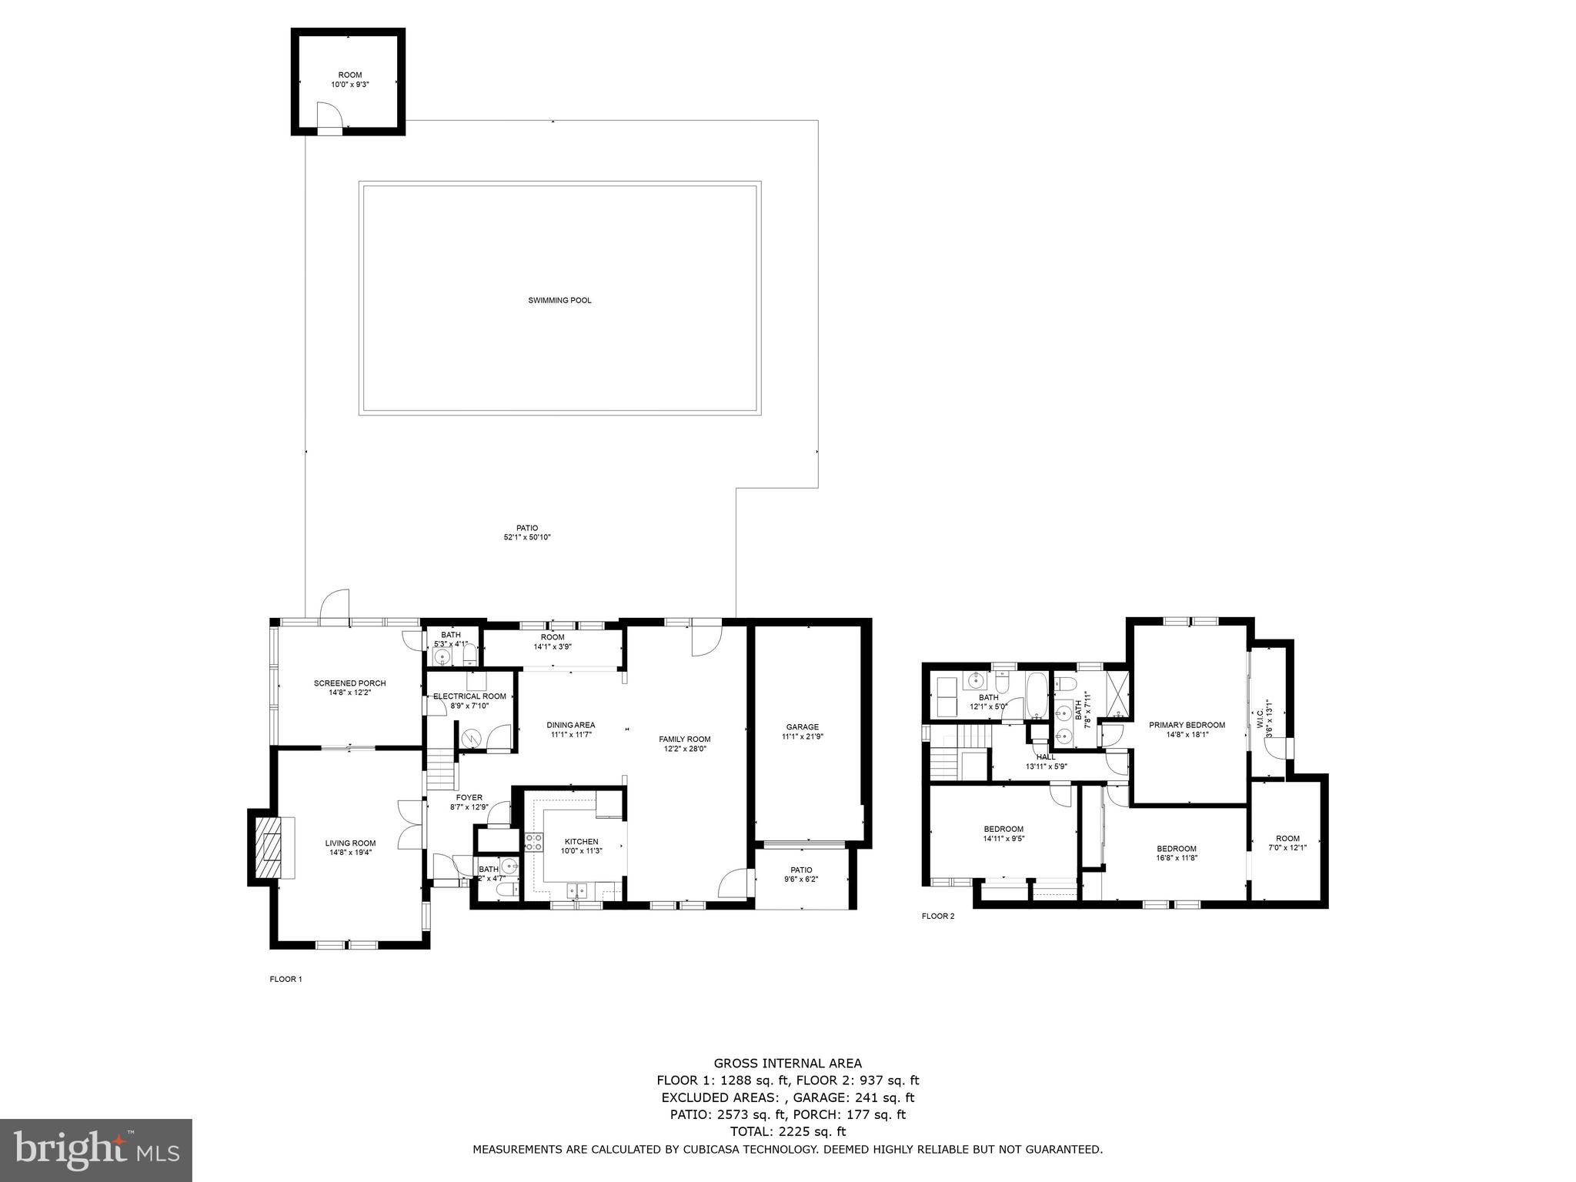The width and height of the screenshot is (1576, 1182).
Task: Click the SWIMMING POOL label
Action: click(559, 300)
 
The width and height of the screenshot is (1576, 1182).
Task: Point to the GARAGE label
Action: click(803, 726)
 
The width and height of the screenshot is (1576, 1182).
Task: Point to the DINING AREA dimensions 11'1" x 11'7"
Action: click(570, 734)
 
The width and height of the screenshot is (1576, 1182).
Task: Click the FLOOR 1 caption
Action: click(285, 980)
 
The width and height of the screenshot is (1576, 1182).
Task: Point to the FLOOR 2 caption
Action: click(937, 916)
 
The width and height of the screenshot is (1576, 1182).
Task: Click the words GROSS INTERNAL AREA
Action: click(787, 1063)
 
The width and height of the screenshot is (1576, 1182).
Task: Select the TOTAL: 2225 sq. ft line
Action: click(787, 1131)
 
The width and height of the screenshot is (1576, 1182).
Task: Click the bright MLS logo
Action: click(96, 1150)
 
